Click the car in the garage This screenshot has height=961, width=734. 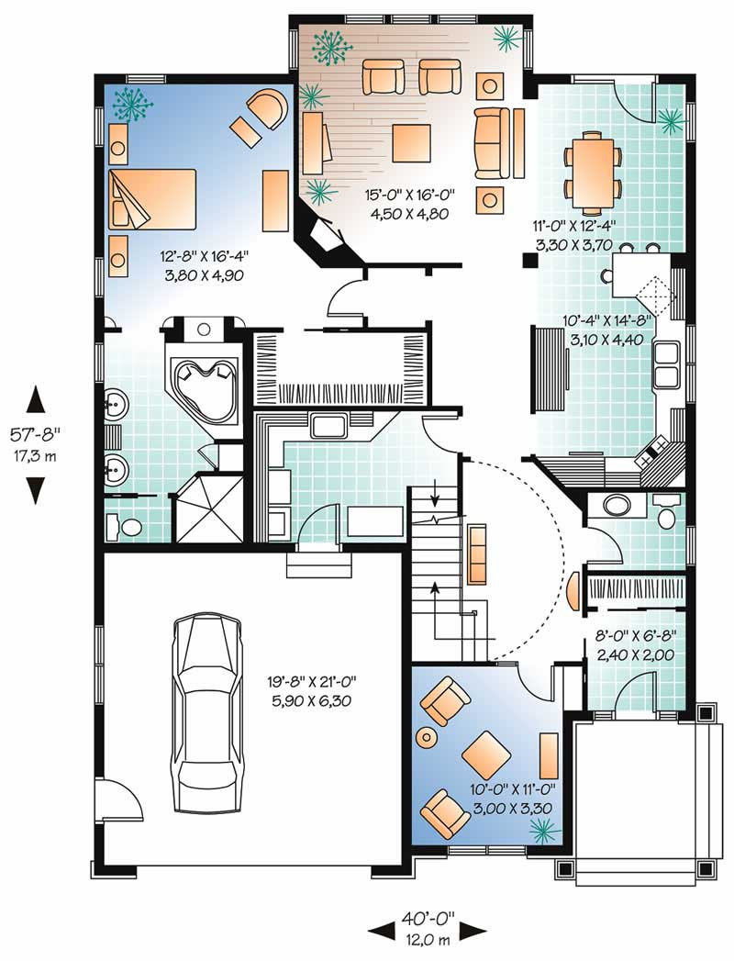pos(209,713)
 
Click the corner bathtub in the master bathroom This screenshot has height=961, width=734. pos(203,377)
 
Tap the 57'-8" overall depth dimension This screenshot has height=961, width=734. pos(37,446)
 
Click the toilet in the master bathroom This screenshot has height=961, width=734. pos(125,527)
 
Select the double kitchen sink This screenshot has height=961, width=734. pos(664,362)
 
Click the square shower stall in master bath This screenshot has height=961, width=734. pos(208,507)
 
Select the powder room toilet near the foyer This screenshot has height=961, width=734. pos(666,515)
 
